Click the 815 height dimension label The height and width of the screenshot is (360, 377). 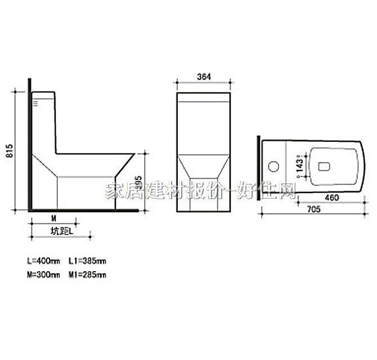click(9, 150)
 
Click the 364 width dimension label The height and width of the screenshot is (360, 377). click(204, 78)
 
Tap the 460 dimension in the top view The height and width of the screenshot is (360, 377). click(333, 197)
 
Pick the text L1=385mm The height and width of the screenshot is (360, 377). click(87, 261)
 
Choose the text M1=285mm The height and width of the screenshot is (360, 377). click(87, 274)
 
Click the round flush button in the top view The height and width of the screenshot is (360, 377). click(275, 166)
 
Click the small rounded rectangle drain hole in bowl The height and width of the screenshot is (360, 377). click(324, 166)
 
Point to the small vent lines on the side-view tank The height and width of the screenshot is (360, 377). click(37, 103)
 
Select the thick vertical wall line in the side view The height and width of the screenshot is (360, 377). click(28, 146)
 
